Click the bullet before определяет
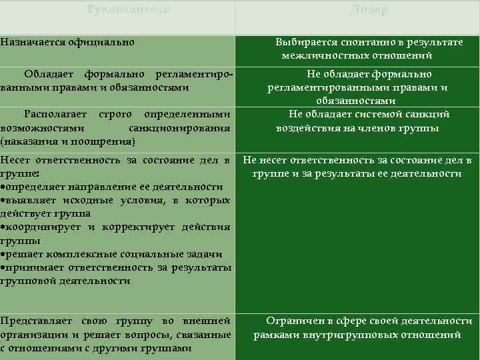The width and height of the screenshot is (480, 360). tap(3, 186)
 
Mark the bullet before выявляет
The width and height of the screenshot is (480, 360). tap(3, 200)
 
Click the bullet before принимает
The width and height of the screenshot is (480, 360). tap(3, 267)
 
